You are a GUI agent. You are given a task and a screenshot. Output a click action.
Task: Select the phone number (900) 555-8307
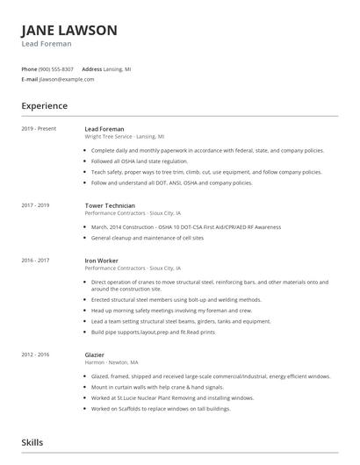pos(56,68)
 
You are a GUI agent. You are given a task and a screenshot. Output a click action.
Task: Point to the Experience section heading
pos(44,106)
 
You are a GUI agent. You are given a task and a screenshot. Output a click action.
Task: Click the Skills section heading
pos(32,443)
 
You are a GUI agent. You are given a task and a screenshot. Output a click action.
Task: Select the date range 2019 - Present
pos(39,129)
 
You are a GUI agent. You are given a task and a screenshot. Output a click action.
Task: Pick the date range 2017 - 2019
pos(35,205)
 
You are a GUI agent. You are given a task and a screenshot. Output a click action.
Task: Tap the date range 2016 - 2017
pos(35,260)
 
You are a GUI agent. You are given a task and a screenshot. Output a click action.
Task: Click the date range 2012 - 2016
pos(35,354)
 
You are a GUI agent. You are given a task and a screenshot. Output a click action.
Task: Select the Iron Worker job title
pos(102,260)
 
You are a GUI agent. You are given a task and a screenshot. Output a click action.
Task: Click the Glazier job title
pos(95,354)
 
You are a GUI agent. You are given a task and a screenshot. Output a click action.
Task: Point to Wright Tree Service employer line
pos(124,137)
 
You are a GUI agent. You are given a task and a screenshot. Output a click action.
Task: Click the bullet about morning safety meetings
pos(171,311)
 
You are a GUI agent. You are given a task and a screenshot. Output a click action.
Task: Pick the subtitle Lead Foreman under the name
pos(47,43)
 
